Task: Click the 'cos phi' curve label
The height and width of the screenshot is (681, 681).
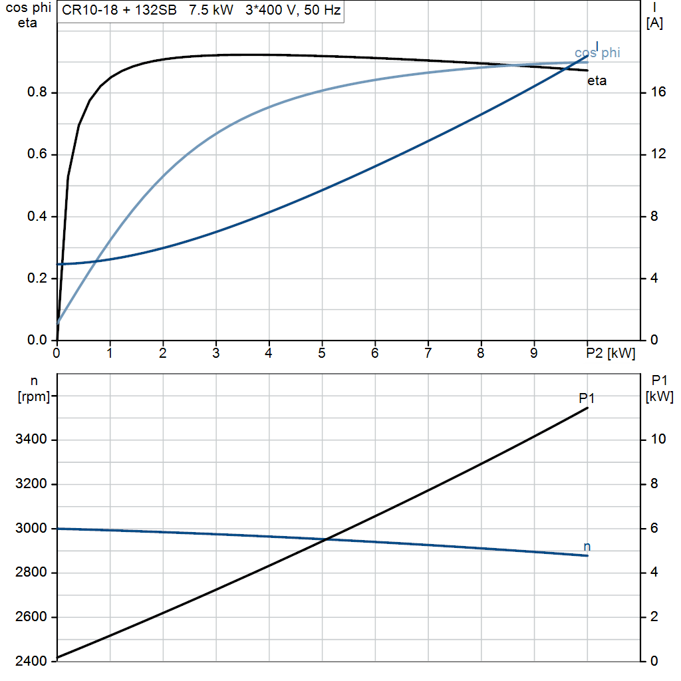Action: click(x=597, y=53)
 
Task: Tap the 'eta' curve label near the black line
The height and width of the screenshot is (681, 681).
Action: click(x=597, y=81)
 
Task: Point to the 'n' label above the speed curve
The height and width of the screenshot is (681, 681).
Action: click(x=587, y=547)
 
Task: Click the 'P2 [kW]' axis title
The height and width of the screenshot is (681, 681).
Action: click(x=611, y=353)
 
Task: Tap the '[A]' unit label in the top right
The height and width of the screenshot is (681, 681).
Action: click(x=654, y=23)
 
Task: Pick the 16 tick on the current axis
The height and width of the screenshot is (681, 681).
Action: click(x=658, y=92)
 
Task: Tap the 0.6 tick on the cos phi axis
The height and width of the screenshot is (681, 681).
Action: click(x=37, y=154)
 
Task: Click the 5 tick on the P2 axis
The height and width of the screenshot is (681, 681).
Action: click(x=322, y=353)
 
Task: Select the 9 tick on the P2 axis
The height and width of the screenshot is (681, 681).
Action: click(x=534, y=353)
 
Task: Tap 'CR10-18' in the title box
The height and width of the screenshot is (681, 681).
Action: click(x=85, y=11)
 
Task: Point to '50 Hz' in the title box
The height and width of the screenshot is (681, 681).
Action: click(x=322, y=11)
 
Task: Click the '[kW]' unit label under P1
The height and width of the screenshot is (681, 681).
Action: click(x=659, y=397)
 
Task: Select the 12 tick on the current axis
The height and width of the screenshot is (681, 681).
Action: click(x=658, y=154)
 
